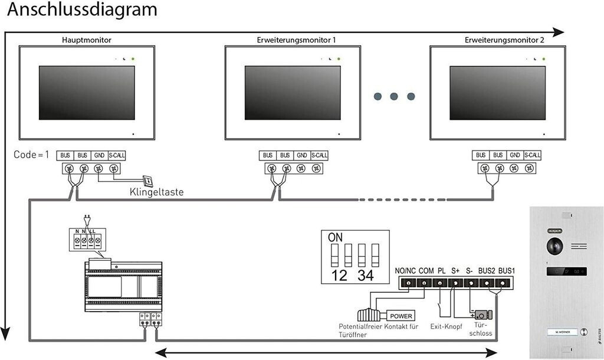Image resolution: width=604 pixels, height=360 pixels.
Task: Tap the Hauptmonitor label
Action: [x=87, y=40]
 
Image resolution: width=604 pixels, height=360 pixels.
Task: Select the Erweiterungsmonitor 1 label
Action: [x=297, y=40]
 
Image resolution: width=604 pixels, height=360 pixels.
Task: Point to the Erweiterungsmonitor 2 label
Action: [x=504, y=40]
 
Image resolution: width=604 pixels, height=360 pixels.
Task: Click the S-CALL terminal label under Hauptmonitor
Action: [x=117, y=155]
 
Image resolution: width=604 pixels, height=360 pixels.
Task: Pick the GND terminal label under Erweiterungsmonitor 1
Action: [x=302, y=155]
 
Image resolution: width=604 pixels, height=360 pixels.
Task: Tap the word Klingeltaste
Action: [x=156, y=192]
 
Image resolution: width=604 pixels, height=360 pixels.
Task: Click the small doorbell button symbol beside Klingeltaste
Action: [x=148, y=181]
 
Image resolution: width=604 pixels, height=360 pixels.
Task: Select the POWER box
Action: [x=401, y=316]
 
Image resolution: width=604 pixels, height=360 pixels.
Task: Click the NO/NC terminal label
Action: [x=405, y=271]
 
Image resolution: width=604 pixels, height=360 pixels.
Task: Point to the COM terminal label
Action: [x=426, y=271]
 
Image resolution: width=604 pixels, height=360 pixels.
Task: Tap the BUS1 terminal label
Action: [x=507, y=271]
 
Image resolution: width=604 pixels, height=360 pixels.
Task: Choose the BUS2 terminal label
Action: [x=487, y=271]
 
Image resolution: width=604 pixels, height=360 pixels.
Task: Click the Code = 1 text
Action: [x=32, y=155]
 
